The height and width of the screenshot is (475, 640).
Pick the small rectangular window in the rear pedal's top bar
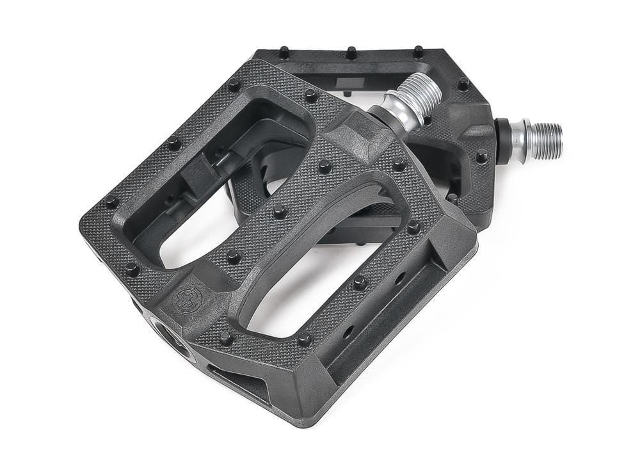coord(348,83)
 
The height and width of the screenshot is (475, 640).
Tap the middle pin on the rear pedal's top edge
coord(351,52)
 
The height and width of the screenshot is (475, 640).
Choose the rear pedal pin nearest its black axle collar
coord(481,156)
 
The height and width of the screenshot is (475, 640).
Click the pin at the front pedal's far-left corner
coord(111,202)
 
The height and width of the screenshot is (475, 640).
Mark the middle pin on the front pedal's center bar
coord(279,210)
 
